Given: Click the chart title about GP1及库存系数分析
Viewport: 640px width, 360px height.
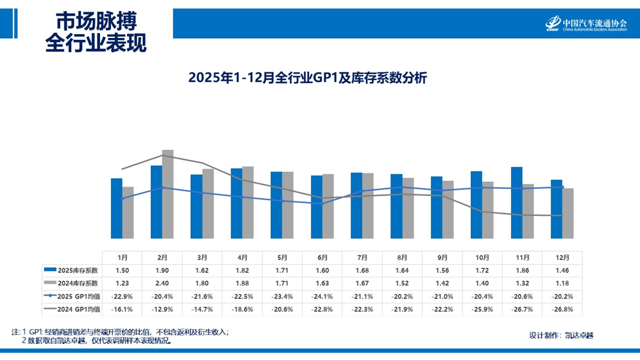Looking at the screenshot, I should [308, 78].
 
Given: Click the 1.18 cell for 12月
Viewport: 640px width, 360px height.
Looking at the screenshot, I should [563, 282].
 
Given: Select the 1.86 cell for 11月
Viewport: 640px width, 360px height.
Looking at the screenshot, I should [523, 269].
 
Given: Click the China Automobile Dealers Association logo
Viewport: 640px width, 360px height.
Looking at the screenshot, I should [586, 23].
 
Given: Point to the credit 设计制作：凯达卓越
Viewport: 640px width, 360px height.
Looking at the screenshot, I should [560, 335].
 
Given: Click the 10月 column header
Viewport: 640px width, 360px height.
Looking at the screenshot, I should [483, 257].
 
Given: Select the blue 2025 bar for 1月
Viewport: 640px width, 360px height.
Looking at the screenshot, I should [117, 208].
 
